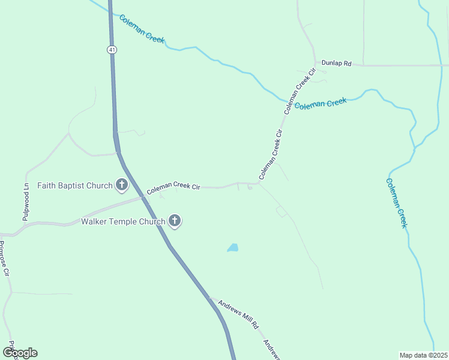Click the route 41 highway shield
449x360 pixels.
(x=112, y=50)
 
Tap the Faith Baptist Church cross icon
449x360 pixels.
(x=122, y=185)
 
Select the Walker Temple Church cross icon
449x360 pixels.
(x=175, y=221)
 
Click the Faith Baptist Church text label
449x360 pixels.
(x=75, y=185)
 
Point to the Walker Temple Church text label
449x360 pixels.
(x=123, y=222)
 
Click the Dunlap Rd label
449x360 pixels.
(x=336, y=62)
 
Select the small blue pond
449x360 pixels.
(x=233, y=248)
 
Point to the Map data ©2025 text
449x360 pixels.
(x=423, y=355)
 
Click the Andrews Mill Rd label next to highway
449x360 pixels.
(x=238, y=314)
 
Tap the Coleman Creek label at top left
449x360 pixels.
(x=142, y=29)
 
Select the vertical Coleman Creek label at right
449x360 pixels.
(x=396, y=203)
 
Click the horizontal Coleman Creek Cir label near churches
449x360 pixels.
(x=173, y=188)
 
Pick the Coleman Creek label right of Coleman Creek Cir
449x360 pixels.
(x=321, y=104)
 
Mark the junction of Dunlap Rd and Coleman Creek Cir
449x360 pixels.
(x=315, y=63)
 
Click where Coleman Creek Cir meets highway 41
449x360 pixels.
(x=144, y=196)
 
